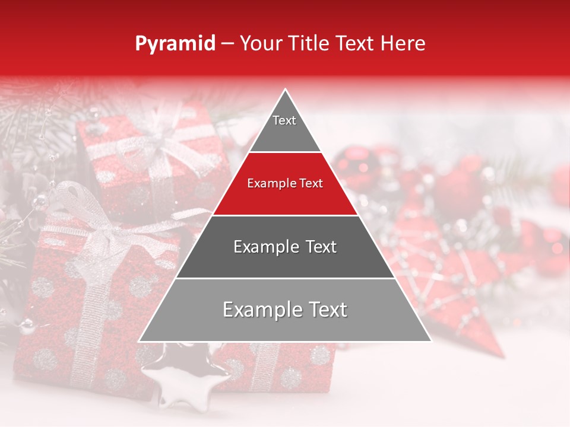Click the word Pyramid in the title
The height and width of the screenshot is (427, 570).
[x=175, y=44]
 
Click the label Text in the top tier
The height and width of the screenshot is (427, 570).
[x=284, y=120]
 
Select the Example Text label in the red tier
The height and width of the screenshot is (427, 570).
[x=285, y=183]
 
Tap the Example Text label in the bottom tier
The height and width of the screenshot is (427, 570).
[x=285, y=310]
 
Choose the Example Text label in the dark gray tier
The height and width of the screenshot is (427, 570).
[x=285, y=247]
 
